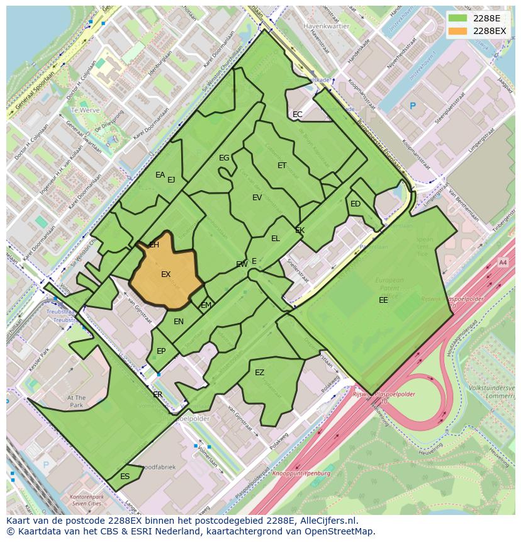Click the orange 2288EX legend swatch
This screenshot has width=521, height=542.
tap(459, 31)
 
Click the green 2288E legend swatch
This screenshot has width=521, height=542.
tap(459, 18)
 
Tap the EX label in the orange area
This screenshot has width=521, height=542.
tap(166, 274)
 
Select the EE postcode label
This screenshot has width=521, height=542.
tap(383, 300)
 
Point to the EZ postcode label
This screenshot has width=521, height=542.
tap(259, 373)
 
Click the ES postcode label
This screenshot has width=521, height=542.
tap(125, 477)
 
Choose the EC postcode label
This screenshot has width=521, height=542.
tap(298, 115)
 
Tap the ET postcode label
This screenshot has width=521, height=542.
tap(282, 166)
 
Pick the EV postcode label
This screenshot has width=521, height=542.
tap(257, 198)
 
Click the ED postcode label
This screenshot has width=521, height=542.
tap(356, 204)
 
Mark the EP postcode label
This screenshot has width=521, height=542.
tap(161, 351)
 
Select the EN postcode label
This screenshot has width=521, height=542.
tap(179, 322)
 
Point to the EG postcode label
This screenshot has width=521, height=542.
tap(224, 158)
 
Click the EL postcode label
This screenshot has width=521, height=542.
tap(276, 239)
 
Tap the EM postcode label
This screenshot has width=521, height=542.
tap(206, 305)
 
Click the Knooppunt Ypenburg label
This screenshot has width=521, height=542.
tap(302, 473)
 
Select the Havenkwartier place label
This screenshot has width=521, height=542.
tap(325, 27)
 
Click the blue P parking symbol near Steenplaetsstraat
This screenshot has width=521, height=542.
tap(413, 106)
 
